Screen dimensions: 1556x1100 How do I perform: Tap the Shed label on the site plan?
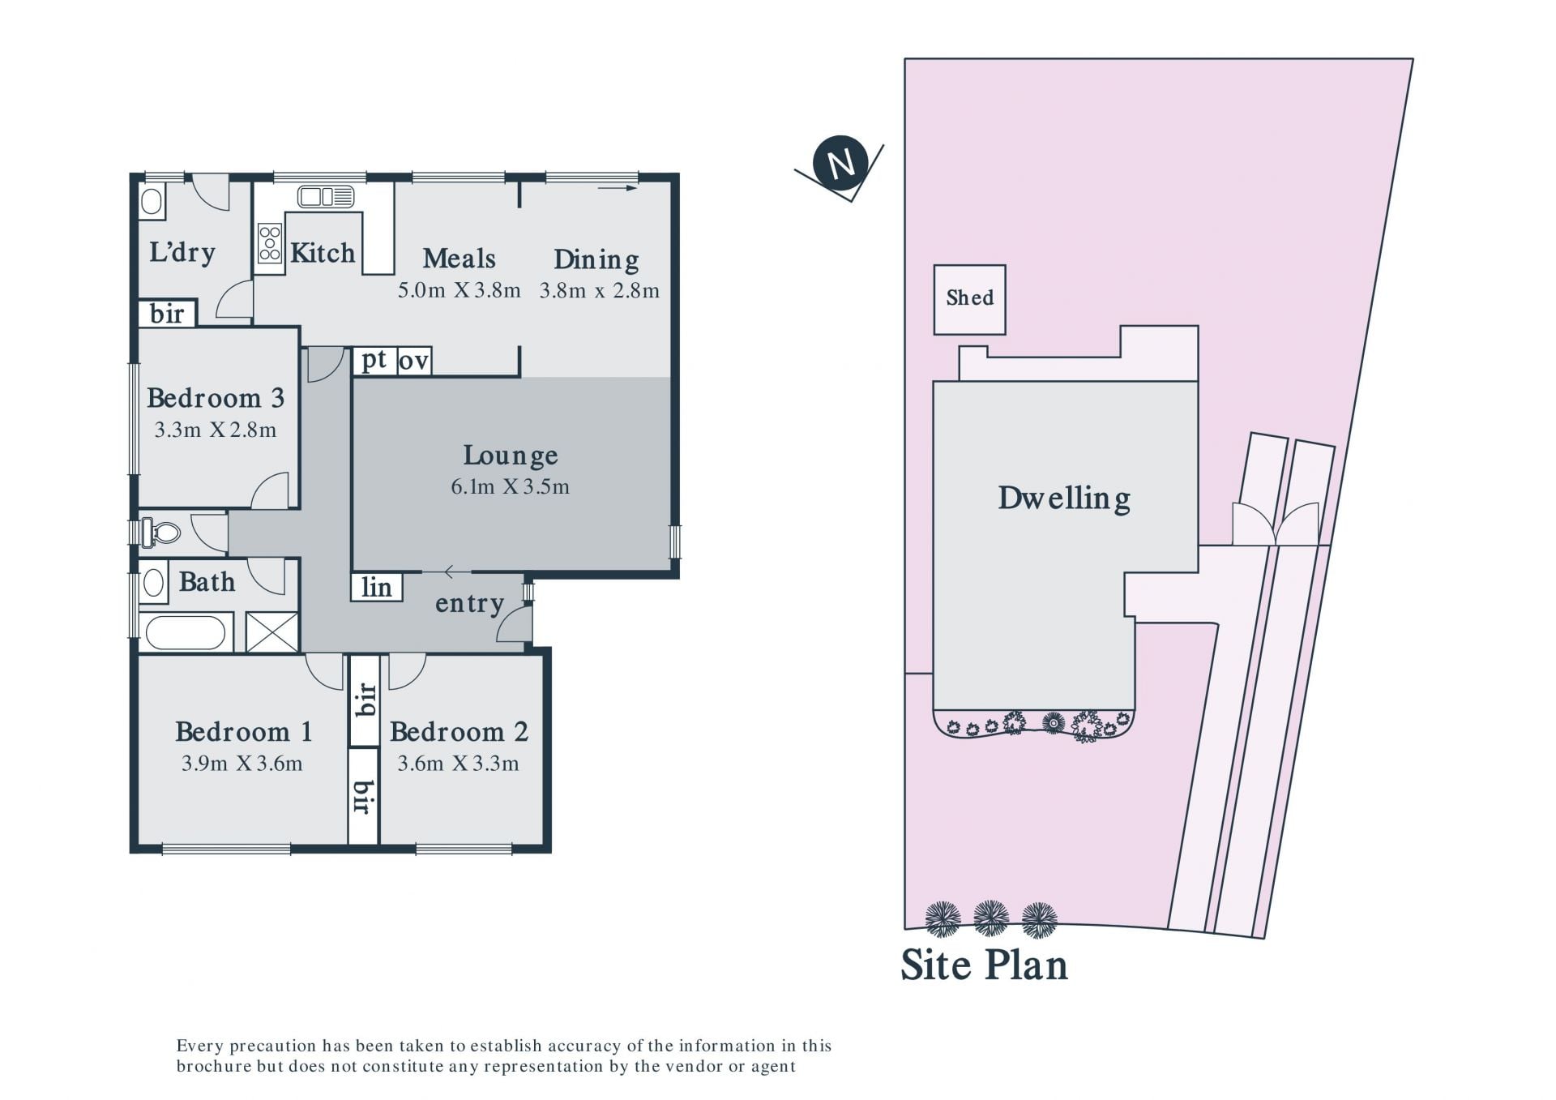pyautogui.click(x=969, y=297)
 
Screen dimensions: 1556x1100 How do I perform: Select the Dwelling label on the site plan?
pyautogui.click(x=1064, y=499)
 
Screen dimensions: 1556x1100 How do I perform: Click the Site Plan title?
pyautogui.click(x=985, y=965)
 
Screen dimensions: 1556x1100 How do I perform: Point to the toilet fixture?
pyautogui.click(x=160, y=533)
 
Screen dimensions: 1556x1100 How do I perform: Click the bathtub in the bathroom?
pyautogui.click(x=186, y=632)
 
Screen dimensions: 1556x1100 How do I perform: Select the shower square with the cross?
pyautogui.click(x=272, y=632)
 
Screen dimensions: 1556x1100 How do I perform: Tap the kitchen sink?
pyautogui.click(x=326, y=197)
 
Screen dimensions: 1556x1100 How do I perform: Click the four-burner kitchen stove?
pyautogui.click(x=270, y=243)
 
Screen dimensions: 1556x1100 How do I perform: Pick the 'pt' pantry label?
pyautogui.click(x=374, y=360)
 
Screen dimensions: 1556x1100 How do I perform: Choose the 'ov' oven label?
pyautogui.click(x=413, y=362)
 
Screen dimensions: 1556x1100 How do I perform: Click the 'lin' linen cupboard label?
pyautogui.click(x=376, y=587)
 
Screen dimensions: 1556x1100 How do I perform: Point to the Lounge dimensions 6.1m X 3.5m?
pyautogui.click(x=510, y=487)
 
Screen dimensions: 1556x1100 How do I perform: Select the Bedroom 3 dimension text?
pyautogui.click(x=216, y=430)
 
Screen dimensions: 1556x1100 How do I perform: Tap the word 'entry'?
pyautogui.click(x=470, y=604)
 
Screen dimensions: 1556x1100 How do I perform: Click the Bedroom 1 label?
pyautogui.click(x=243, y=732)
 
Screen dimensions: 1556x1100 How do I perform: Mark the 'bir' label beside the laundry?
pyautogui.click(x=167, y=314)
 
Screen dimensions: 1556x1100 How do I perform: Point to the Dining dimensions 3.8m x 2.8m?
pyautogui.click(x=600, y=291)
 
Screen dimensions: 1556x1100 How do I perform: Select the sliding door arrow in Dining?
pyautogui.click(x=618, y=189)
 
